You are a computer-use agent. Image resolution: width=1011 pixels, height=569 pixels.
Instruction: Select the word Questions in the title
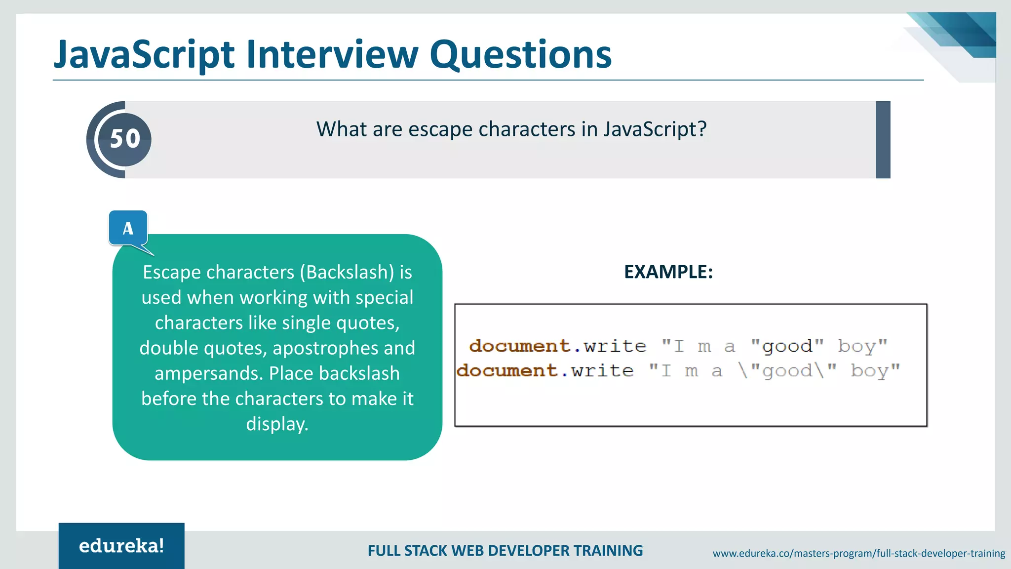tap(520, 55)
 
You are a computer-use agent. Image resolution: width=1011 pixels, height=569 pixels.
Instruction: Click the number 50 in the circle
tap(125, 139)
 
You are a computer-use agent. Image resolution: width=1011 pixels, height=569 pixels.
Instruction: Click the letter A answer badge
tap(128, 228)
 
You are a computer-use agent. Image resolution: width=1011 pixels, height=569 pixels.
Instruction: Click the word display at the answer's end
tap(277, 424)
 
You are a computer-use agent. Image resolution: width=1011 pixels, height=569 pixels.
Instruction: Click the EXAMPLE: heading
tap(668, 272)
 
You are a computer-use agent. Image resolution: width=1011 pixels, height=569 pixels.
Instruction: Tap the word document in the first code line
tap(519, 346)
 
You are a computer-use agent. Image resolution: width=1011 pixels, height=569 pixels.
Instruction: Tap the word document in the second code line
tap(506, 370)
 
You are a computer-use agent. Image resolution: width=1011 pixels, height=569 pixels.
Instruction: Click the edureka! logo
tap(121, 546)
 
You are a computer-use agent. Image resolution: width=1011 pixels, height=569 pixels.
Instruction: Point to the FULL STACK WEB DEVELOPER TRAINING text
tap(505, 551)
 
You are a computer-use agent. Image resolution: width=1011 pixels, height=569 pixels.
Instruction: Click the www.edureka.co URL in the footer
tap(858, 554)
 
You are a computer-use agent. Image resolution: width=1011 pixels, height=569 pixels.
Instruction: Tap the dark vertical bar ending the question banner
tap(883, 140)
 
